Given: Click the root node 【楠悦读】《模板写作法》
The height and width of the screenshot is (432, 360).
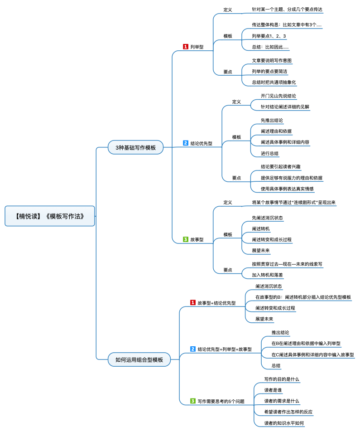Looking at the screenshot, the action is [x=50, y=216].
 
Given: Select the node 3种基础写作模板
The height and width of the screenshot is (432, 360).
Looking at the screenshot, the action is [x=136, y=147].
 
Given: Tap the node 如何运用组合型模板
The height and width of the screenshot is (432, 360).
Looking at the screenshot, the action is [x=139, y=359].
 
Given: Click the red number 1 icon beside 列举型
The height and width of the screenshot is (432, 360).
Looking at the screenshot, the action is [x=186, y=47].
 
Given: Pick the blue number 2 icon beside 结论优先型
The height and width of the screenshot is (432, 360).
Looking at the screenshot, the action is [x=186, y=143].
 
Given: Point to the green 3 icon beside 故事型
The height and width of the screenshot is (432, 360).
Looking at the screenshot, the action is [x=186, y=239].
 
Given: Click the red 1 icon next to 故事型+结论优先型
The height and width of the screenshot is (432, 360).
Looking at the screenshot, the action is [x=193, y=302].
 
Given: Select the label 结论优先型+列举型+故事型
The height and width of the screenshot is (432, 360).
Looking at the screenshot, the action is [x=225, y=349].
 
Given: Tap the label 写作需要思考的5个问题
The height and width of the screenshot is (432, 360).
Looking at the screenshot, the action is [x=221, y=402].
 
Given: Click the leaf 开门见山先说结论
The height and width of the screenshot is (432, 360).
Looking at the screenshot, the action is [x=278, y=96].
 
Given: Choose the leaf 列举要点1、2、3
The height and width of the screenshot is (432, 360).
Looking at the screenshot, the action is [x=269, y=36].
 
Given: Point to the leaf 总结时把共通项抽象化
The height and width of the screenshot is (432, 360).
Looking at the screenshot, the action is [x=274, y=83].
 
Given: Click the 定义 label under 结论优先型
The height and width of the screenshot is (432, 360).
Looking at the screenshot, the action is [x=236, y=102].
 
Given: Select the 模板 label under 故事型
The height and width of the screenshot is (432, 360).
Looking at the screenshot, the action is [x=228, y=234].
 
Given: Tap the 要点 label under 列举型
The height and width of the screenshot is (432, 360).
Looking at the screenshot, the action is [x=228, y=72].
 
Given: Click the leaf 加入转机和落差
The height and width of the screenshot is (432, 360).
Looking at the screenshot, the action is [x=267, y=275].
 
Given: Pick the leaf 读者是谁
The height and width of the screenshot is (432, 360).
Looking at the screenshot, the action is [x=273, y=390].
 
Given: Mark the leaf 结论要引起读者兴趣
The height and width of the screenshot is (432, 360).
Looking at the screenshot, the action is [x=280, y=167].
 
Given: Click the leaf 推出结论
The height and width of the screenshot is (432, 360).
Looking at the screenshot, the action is [x=280, y=333].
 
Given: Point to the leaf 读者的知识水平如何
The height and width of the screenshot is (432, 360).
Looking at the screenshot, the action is [x=284, y=423].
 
